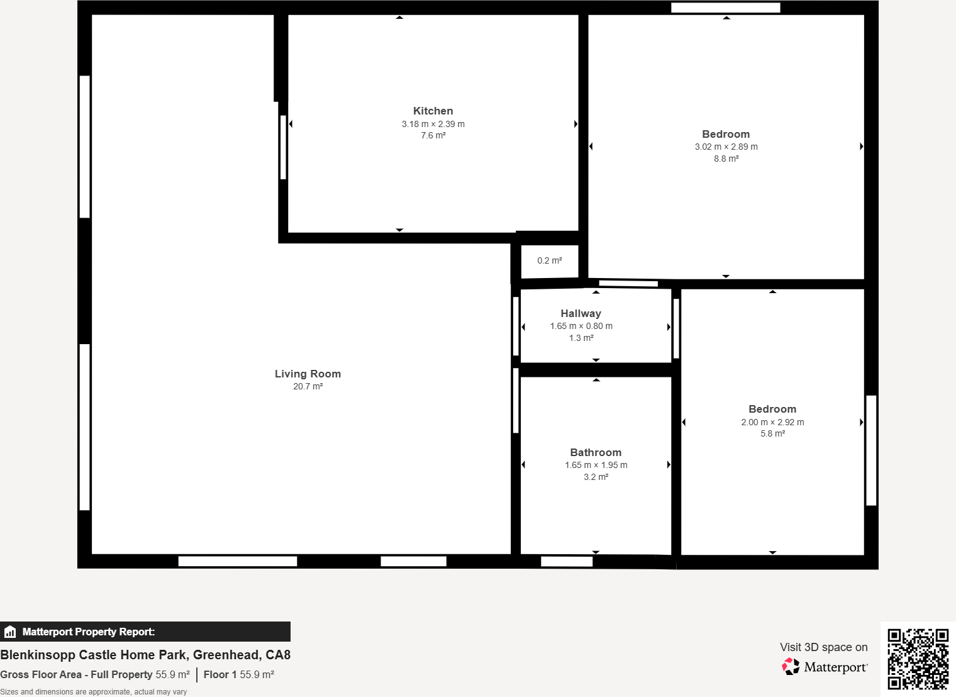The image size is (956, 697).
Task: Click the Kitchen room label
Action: pyautogui.click(x=433, y=111)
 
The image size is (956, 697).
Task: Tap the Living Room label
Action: pyautogui.click(x=308, y=374)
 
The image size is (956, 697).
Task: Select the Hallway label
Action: pyautogui.click(x=581, y=313)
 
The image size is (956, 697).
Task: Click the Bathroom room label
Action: pyautogui.click(x=596, y=452)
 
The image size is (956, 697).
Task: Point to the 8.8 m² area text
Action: pyautogui.click(x=726, y=159)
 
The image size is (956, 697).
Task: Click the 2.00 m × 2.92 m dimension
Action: pyautogui.click(x=772, y=422)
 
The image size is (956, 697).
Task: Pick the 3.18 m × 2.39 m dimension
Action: pyautogui.click(x=433, y=124)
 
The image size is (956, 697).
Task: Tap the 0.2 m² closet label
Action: pyautogui.click(x=549, y=260)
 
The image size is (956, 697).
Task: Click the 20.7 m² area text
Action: pyautogui.click(x=308, y=386)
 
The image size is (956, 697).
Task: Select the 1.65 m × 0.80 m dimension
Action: pyautogui.click(x=581, y=326)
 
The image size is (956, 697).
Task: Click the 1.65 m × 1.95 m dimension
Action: pyautogui.click(x=596, y=465)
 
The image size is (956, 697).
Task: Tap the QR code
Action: pyautogui.click(x=918, y=659)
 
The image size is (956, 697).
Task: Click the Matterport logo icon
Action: pyautogui.click(x=791, y=667)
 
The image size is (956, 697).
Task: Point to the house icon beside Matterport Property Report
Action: pyautogui.click(x=10, y=632)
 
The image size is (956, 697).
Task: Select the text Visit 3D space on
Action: pyautogui.click(x=823, y=647)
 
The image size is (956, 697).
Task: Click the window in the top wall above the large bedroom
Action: pyautogui.click(x=725, y=8)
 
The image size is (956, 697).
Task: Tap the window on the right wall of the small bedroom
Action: pyautogui.click(x=871, y=450)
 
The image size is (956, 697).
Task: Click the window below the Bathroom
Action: pyautogui.click(x=566, y=561)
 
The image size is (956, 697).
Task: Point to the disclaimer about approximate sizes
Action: pyautogui.click(x=94, y=691)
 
